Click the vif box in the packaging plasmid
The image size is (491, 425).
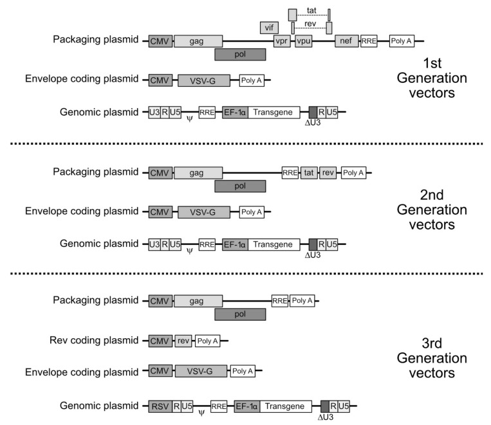[x=269, y=28]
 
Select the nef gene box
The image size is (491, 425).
[x=346, y=41]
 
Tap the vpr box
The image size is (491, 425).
[x=282, y=41]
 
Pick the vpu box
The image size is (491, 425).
[x=304, y=41]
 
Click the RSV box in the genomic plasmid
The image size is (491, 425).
[x=160, y=406]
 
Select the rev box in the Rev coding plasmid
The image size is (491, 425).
[x=183, y=340]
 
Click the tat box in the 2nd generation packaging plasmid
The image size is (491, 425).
[x=309, y=172]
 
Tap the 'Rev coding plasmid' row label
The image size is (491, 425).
[x=95, y=340]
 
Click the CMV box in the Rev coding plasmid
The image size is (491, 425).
[x=160, y=340]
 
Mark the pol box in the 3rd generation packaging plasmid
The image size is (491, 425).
[x=240, y=314]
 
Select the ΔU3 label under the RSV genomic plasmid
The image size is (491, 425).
[x=326, y=417]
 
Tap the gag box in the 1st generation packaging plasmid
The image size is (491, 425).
[x=198, y=41]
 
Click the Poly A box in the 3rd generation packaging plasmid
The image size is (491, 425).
[x=301, y=300]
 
